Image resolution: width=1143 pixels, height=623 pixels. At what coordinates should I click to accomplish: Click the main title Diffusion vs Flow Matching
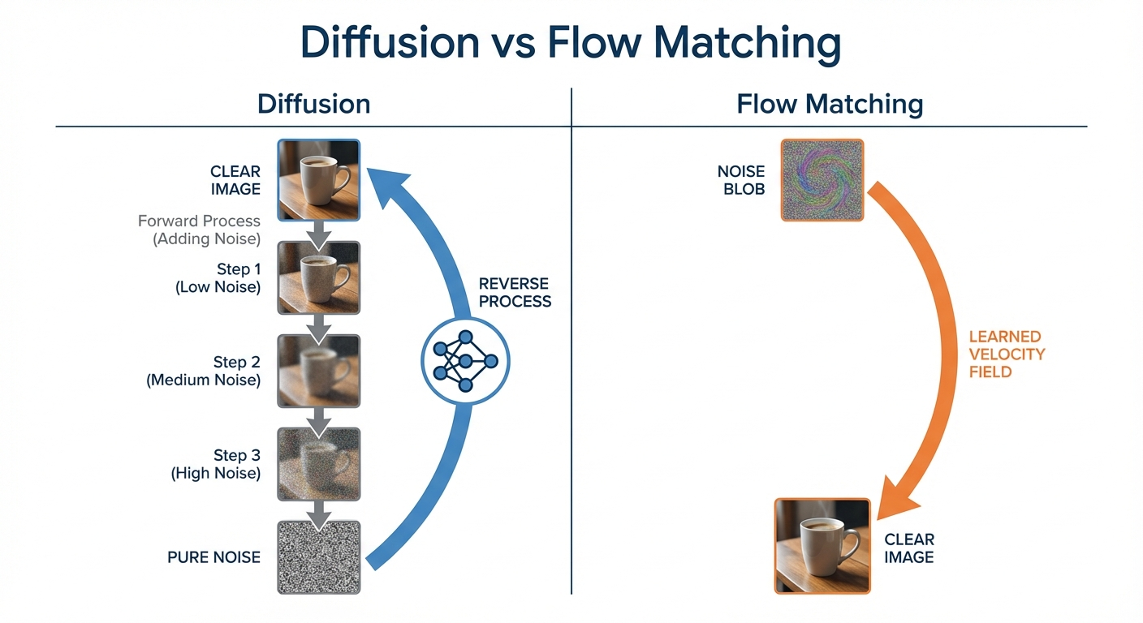(570, 44)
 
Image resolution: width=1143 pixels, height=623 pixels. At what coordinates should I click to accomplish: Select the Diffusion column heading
(313, 104)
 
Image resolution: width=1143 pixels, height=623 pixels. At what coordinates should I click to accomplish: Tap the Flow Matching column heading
(830, 104)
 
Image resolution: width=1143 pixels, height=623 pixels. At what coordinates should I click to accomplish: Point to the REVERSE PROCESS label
(515, 293)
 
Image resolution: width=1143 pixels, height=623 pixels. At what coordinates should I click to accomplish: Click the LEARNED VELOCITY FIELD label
(1007, 354)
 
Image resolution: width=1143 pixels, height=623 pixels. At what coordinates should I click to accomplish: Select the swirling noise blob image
(822, 180)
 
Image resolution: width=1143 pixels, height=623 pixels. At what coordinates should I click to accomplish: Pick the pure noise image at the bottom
(318, 557)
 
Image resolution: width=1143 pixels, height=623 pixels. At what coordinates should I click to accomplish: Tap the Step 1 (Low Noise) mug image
(318, 277)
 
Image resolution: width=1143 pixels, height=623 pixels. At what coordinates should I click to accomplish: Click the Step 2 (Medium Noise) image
(318, 371)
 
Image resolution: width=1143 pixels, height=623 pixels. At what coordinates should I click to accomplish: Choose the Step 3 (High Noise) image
(318, 464)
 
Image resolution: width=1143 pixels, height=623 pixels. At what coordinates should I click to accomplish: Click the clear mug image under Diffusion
(318, 180)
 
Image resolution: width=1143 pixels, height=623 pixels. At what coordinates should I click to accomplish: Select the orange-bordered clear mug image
(822, 546)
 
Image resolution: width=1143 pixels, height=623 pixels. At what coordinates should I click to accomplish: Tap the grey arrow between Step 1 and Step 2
(318, 325)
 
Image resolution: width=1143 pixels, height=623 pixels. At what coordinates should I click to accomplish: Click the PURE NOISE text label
(214, 557)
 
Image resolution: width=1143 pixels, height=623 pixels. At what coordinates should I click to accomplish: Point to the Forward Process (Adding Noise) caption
(199, 230)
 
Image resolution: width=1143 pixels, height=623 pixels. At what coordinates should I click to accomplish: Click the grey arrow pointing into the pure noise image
(318, 512)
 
